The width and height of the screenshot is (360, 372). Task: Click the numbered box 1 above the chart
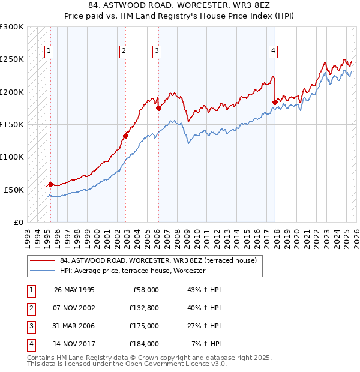click(x=48, y=51)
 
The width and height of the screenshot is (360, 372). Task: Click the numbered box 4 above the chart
click(x=273, y=51)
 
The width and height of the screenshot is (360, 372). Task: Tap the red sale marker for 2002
click(x=126, y=136)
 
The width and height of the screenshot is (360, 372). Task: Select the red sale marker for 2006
click(x=158, y=109)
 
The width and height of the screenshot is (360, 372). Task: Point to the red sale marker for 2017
click(x=275, y=102)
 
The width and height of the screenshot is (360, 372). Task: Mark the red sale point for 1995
click(x=50, y=184)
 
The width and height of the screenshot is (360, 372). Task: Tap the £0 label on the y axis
click(x=17, y=222)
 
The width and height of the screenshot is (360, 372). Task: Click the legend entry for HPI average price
click(x=132, y=271)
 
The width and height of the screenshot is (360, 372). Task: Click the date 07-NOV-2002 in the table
click(x=74, y=308)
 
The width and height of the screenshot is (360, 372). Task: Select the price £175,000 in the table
click(x=144, y=326)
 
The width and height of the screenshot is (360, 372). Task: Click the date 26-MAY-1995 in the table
click(x=74, y=290)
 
